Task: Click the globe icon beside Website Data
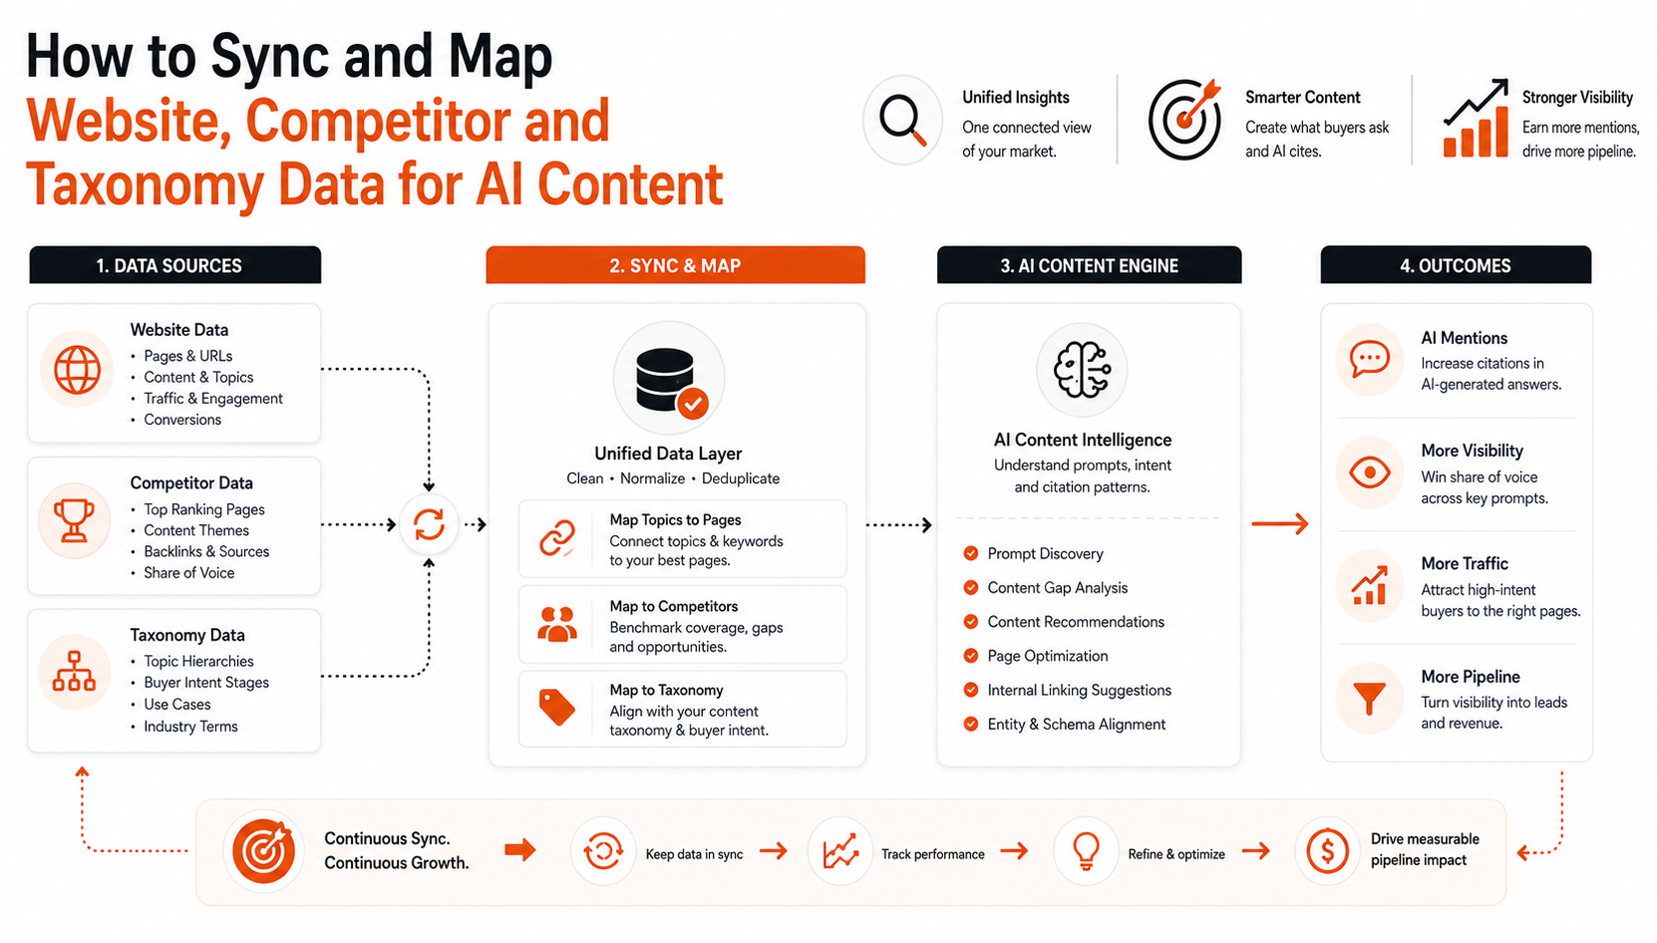pyautogui.click(x=77, y=369)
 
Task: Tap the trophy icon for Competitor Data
pyautogui.click(x=74, y=520)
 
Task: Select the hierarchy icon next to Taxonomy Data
pyautogui.click(x=74, y=671)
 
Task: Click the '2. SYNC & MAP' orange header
pyautogui.click(x=675, y=265)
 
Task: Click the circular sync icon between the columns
pyautogui.click(x=429, y=524)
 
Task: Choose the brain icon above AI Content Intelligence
pyautogui.click(x=1082, y=370)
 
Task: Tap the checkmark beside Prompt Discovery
pyautogui.click(x=970, y=553)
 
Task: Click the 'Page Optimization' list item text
pyautogui.click(x=1048, y=656)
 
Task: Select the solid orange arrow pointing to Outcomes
pyautogui.click(x=1280, y=523)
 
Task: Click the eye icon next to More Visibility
pyautogui.click(x=1369, y=471)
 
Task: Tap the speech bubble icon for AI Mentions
pyautogui.click(x=1369, y=359)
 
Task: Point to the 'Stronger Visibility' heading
pyautogui.click(x=1578, y=98)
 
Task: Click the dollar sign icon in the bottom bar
pyautogui.click(x=1327, y=851)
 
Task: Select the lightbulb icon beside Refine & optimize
pyautogui.click(x=1086, y=851)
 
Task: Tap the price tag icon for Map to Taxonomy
pyautogui.click(x=557, y=707)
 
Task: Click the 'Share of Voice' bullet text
pyautogui.click(x=189, y=573)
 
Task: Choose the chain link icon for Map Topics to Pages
pyautogui.click(x=557, y=537)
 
